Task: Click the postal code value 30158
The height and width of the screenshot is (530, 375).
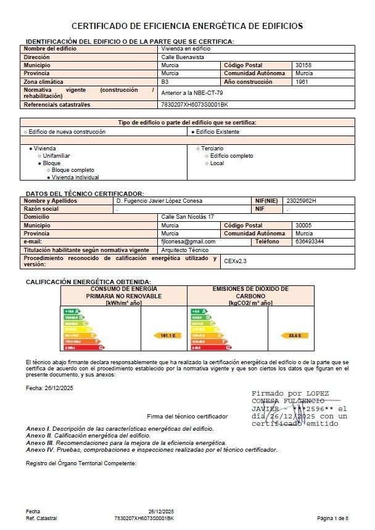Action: tap(304, 65)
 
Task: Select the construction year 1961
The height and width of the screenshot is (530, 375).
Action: tap(302, 81)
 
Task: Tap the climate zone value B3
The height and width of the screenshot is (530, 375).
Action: tap(165, 81)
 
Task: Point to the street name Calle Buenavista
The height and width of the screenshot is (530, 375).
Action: tap(182, 57)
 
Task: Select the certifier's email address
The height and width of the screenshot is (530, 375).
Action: tap(188, 242)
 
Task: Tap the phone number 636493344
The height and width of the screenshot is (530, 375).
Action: tap(310, 242)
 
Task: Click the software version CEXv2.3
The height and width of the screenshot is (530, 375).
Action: tap(235, 261)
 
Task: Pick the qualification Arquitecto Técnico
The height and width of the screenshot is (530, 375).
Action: tap(184, 250)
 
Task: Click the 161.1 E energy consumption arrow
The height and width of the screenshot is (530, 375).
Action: tap(167, 335)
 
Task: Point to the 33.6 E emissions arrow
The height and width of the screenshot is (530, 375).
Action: tap(294, 335)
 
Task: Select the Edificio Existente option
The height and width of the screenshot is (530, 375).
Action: tap(215, 132)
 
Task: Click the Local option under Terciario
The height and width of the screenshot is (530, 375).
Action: tap(216, 163)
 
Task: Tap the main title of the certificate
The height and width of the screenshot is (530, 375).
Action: tap(187, 26)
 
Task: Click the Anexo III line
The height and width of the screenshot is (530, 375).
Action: tap(126, 442)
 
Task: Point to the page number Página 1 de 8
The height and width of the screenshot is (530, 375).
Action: tap(333, 518)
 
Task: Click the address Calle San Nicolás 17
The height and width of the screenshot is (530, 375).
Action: tap(187, 217)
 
